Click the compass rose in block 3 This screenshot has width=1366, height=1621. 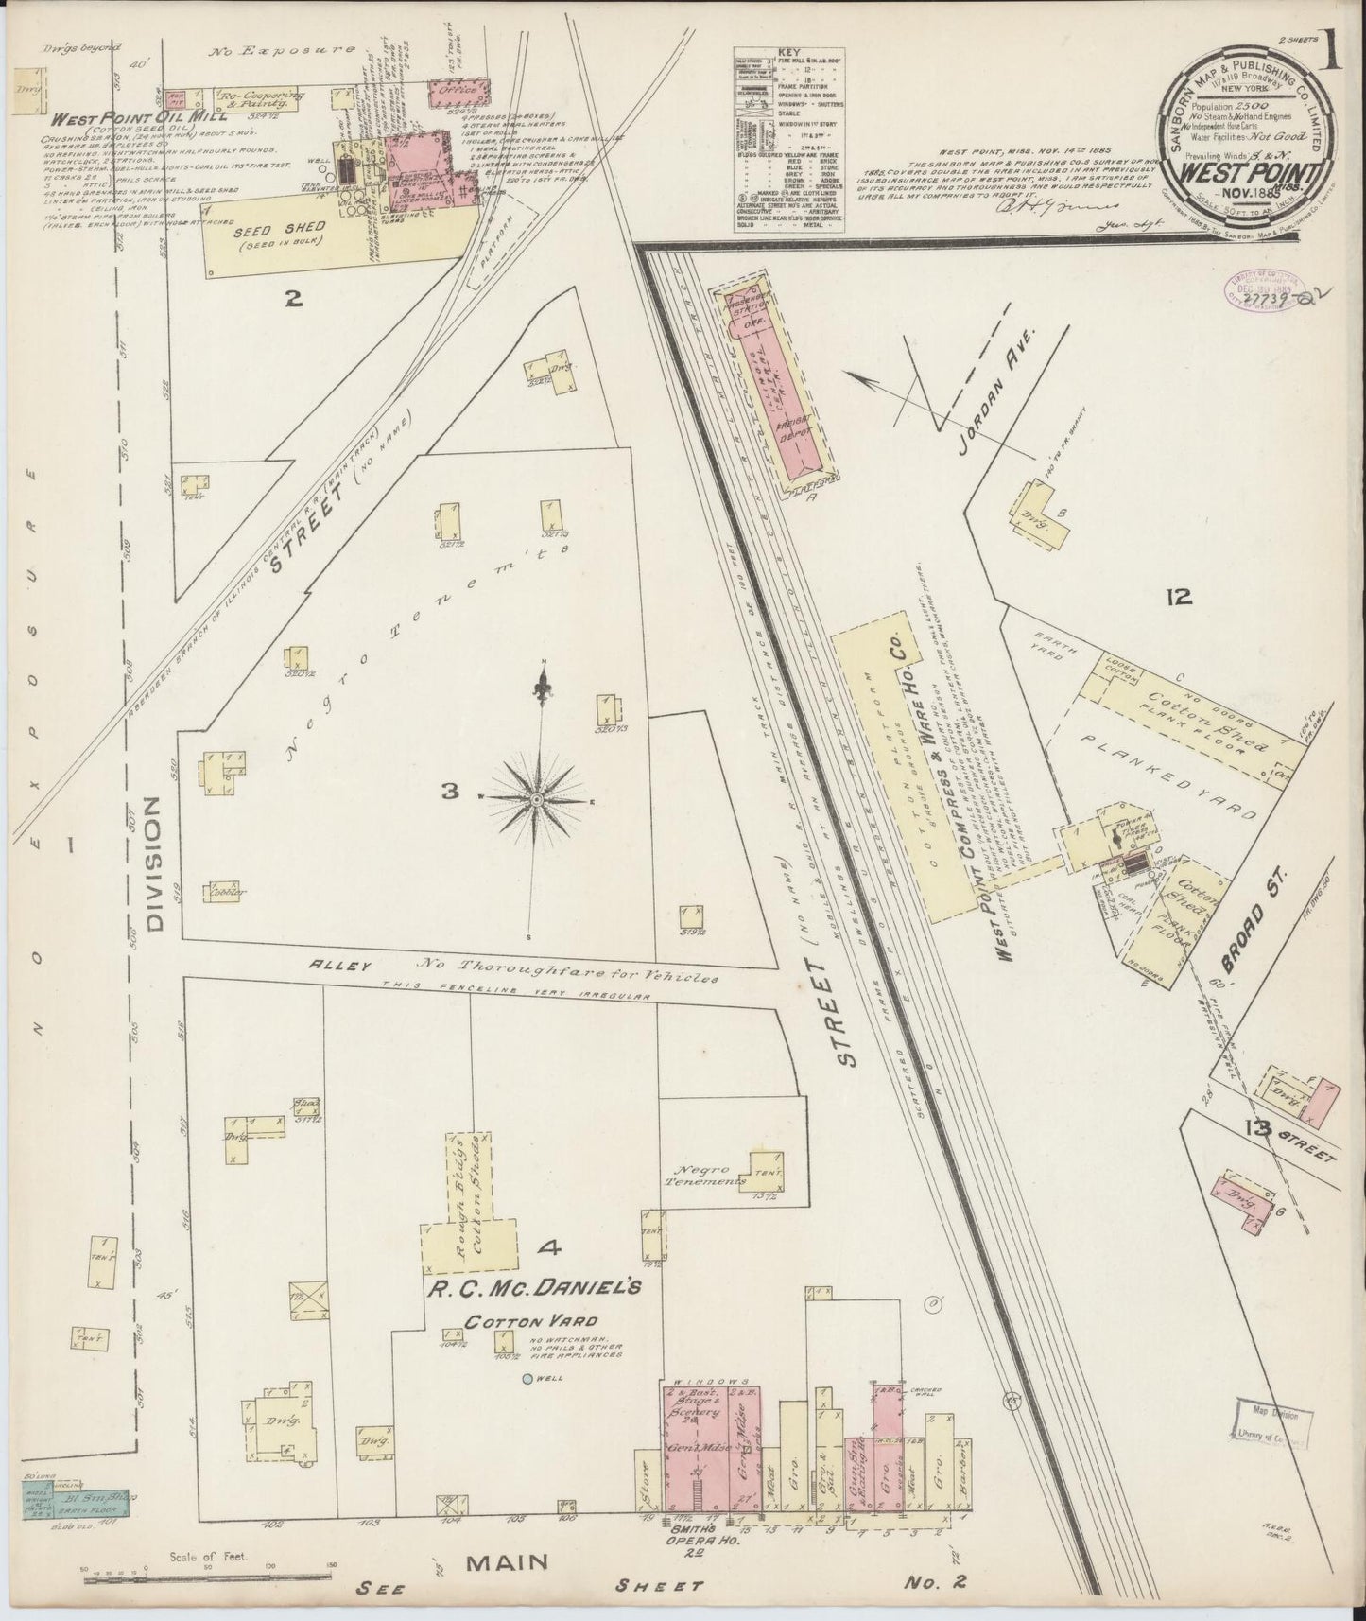[536, 799]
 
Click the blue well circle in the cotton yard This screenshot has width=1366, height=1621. [528, 1378]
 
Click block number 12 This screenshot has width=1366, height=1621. [1179, 598]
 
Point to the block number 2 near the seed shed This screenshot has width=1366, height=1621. [294, 300]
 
